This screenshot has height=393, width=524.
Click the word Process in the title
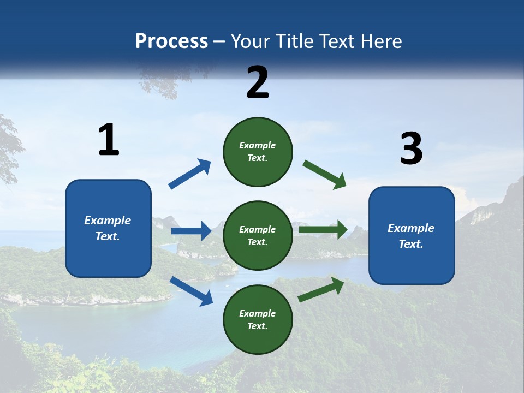tap(171, 41)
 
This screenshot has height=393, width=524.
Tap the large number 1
tap(109, 140)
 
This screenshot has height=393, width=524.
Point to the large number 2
tap(258, 82)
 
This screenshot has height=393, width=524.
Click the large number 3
tap(411, 149)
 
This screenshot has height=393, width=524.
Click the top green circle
tap(258, 152)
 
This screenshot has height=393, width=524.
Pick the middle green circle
tap(258, 235)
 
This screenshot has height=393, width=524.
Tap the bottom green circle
tap(258, 319)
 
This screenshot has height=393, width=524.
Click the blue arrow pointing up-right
tap(190, 174)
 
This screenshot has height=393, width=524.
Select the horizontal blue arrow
tap(191, 231)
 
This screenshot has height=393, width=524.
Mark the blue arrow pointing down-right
tap(192, 291)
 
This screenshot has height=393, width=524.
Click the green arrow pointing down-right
tap(325, 175)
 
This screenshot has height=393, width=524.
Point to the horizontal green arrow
tap(323, 230)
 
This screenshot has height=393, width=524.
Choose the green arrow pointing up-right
tap(321, 290)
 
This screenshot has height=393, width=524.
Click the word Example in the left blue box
tap(108, 221)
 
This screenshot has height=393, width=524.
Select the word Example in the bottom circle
tap(258, 313)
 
